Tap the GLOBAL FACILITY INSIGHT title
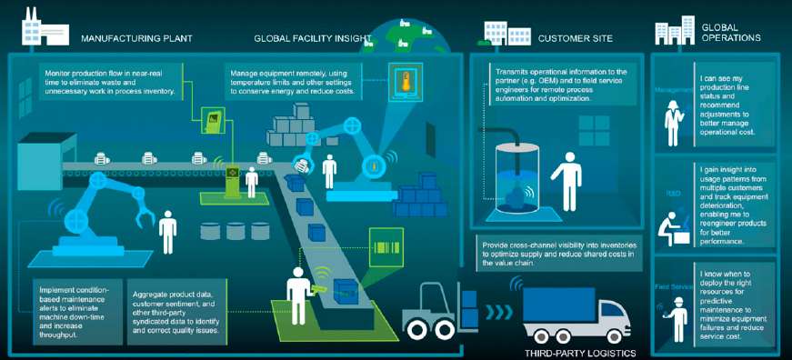(x=314, y=39)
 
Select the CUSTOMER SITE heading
(x=576, y=39)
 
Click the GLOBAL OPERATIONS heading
(x=731, y=33)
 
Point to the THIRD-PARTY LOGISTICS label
(x=580, y=352)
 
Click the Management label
(x=673, y=90)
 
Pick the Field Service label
(x=673, y=286)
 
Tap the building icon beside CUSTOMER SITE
(x=496, y=31)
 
